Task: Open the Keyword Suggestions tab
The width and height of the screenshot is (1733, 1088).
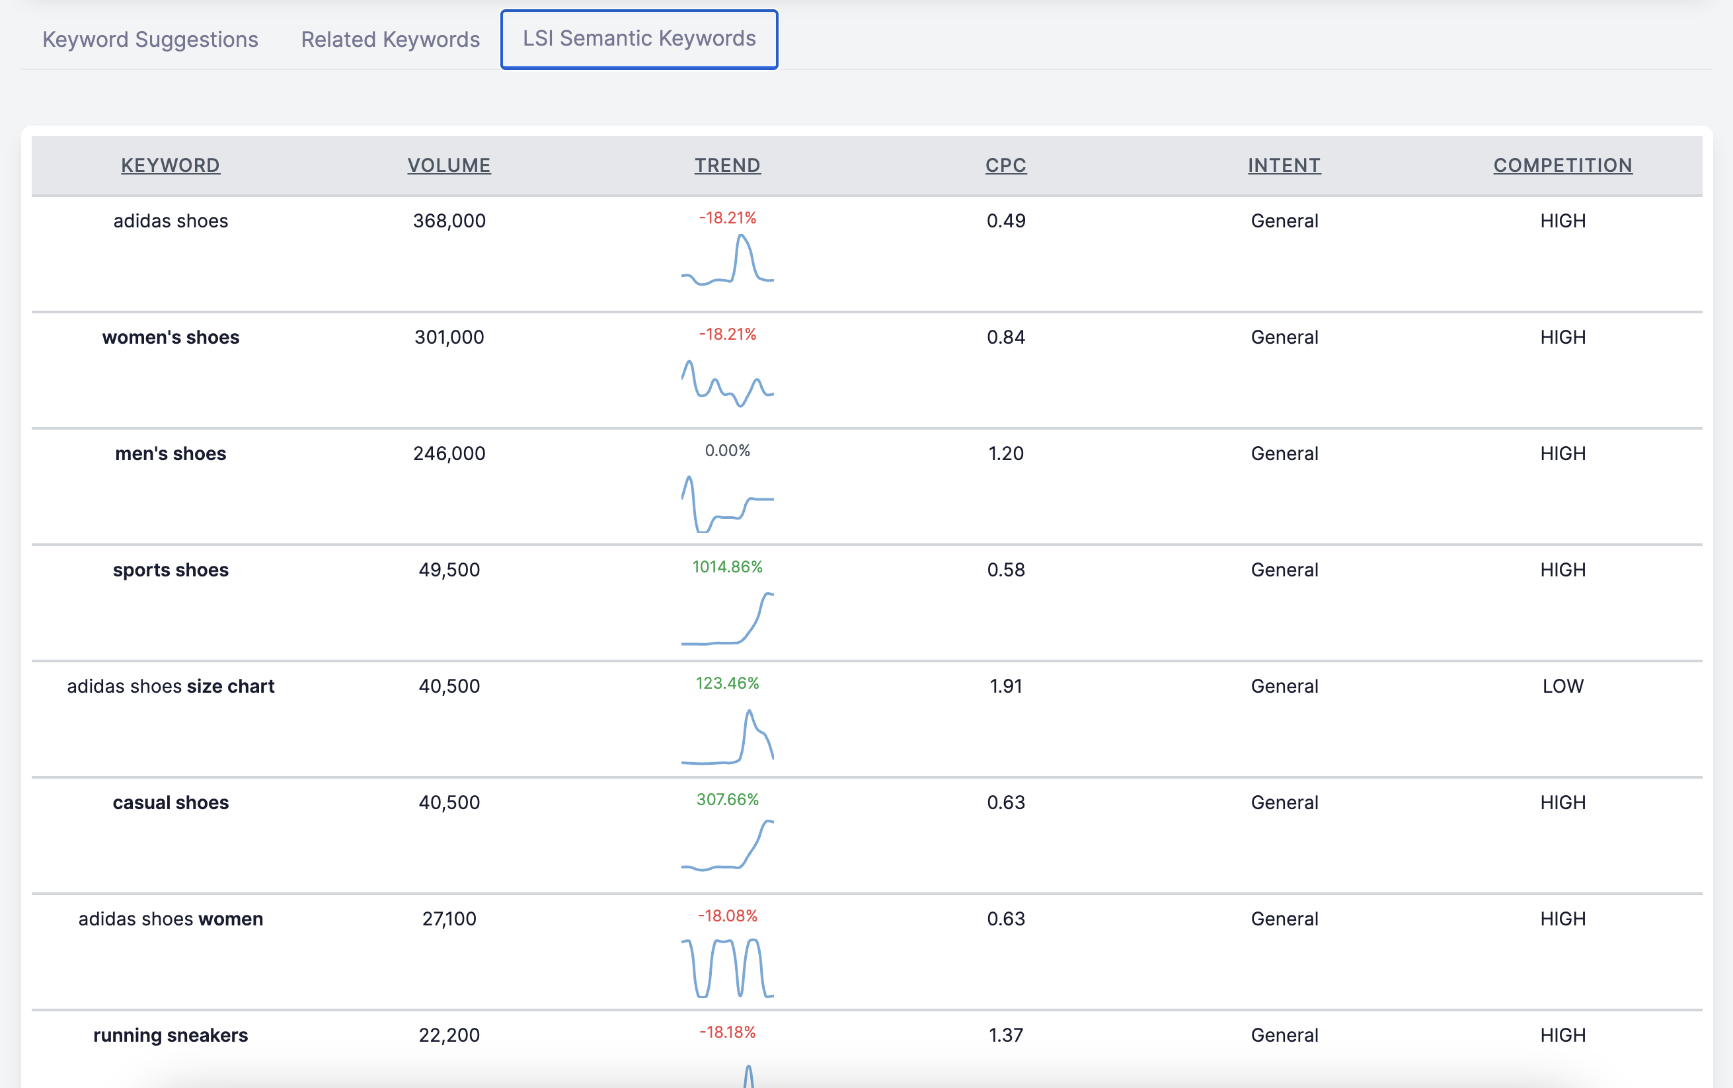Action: tap(149, 39)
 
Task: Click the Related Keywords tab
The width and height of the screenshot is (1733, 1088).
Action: tap(390, 39)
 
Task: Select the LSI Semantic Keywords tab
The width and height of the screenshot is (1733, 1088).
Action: tap(639, 39)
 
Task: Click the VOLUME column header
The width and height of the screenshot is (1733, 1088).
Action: tap(449, 165)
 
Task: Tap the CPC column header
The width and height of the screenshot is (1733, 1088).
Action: tap(1006, 165)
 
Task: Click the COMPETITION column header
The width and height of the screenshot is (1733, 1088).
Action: tap(1562, 165)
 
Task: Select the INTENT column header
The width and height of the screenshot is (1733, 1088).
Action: tap(1284, 165)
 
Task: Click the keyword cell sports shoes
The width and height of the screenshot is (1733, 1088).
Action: tap(171, 570)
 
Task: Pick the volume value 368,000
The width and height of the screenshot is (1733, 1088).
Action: tap(449, 221)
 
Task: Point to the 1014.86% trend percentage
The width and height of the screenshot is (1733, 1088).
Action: tap(727, 567)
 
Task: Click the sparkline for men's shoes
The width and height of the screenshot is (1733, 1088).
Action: tap(727, 504)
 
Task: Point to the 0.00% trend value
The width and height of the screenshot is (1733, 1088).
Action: tap(727, 450)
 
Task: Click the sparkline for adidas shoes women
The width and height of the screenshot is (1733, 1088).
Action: tap(727, 968)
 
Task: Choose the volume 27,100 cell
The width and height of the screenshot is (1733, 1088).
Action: tap(449, 919)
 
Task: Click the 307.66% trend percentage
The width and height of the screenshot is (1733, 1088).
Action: tap(727, 799)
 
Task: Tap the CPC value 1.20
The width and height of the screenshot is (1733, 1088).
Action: tap(1006, 453)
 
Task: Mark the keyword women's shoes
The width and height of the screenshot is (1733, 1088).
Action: tap(171, 338)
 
